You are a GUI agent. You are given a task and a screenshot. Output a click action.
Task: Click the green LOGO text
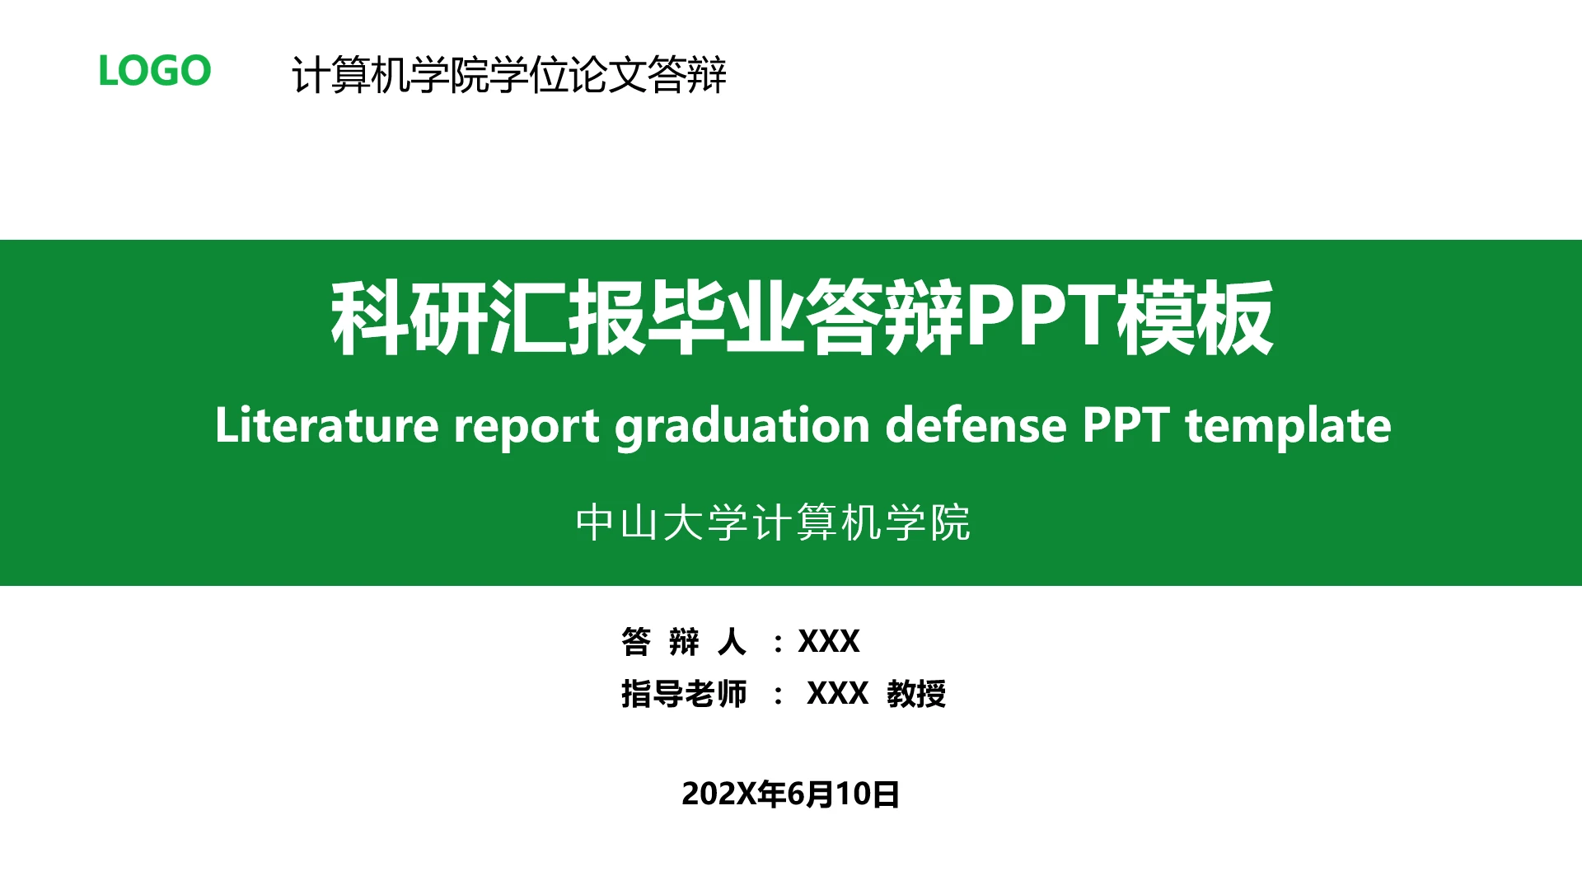click(154, 71)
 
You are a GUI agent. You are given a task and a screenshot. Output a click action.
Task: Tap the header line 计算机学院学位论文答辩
click(508, 75)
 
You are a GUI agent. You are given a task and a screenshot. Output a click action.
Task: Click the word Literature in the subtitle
click(326, 425)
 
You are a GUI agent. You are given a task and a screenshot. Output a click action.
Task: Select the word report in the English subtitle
click(526, 425)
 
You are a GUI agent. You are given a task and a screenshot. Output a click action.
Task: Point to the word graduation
click(742, 425)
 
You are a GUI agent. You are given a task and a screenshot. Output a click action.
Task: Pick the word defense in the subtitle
click(976, 425)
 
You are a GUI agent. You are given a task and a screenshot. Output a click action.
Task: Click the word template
click(1288, 425)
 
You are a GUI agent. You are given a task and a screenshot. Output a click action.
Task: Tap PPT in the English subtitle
click(1126, 425)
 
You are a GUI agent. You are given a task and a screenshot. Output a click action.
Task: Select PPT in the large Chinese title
click(1040, 316)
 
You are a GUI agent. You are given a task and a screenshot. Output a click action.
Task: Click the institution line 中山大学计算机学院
click(773, 522)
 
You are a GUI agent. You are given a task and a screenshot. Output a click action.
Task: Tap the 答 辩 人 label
click(683, 641)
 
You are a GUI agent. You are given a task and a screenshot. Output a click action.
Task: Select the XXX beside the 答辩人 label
click(828, 641)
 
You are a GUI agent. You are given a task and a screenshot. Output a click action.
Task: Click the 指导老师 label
click(683, 694)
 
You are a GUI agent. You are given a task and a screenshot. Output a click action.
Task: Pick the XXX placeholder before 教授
click(837, 694)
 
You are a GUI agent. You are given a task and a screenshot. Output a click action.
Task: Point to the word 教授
click(916, 694)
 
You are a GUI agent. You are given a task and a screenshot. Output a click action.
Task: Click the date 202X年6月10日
click(790, 794)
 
